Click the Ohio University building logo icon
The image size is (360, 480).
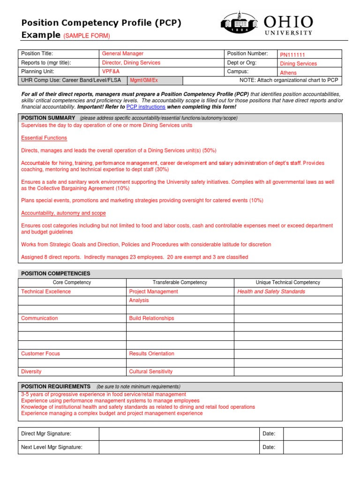[x=239, y=22]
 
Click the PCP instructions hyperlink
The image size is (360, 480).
[x=146, y=107]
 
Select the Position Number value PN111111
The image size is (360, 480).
[x=292, y=55]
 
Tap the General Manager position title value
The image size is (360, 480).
[x=123, y=54]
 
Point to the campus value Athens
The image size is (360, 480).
[x=288, y=73]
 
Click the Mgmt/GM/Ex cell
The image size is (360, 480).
[x=144, y=81]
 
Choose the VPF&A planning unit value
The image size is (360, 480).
[x=112, y=72]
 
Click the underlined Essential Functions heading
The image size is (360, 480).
[x=44, y=138]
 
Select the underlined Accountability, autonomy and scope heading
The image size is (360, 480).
[x=63, y=213]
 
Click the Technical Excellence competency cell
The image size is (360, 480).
[x=46, y=292]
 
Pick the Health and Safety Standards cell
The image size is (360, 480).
[x=271, y=292]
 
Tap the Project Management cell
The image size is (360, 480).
[x=153, y=292]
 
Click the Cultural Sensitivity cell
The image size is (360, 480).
[x=150, y=371]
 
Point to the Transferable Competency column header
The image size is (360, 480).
[x=180, y=283]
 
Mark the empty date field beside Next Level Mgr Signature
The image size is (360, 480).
[x=313, y=447]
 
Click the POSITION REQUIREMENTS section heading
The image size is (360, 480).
[x=56, y=386]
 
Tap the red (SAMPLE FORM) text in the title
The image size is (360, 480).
[x=86, y=36]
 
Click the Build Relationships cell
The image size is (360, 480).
[x=151, y=318]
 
